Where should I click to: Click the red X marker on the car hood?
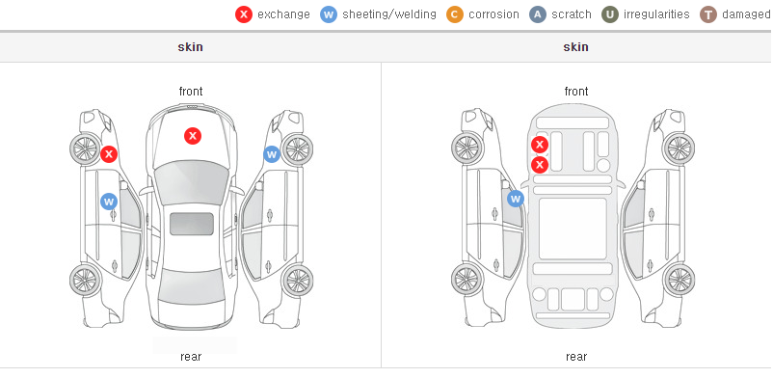click(x=193, y=136)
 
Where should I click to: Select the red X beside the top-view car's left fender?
click(x=109, y=154)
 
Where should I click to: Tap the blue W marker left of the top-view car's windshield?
click(x=109, y=202)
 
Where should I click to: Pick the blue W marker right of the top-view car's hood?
click(x=272, y=154)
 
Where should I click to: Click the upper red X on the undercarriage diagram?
click(x=540, y=145)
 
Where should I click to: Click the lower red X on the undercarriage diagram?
click(x=540, y=164)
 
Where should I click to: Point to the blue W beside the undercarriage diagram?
click(x=515, y=199)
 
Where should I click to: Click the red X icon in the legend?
click(x=244, y=14)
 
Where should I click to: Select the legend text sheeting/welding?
click(x=389, y=14)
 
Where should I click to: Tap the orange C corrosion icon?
click(x=455, y=14)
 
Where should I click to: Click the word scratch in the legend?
click(x=572, y=14)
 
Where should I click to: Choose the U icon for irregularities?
click(x=610, y=14)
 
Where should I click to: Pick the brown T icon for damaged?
click(x=707, y=14)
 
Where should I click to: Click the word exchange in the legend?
click(x=283, y=14)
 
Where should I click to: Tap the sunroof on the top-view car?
click(x=192, y=224)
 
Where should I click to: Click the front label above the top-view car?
click(x=191, y=92)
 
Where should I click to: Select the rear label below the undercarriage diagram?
click(x=576, y=357)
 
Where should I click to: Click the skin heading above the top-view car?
click(x=190, y=47)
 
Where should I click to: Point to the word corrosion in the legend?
click(x=494, y=14)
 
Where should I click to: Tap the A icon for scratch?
click(x=538, y=14)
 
